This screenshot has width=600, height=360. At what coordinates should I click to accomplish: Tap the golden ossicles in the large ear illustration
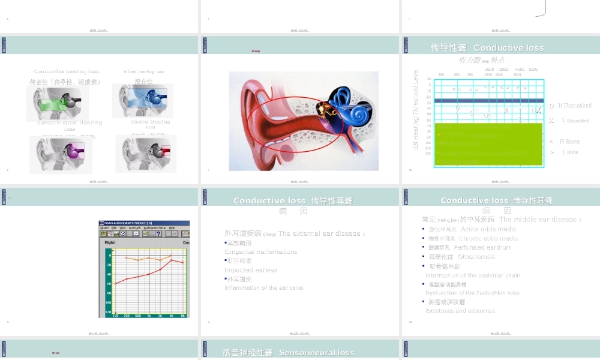pyautogui.click(x=324, y=109)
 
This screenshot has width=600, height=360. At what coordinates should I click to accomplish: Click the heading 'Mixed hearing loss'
pyautogui.click(x=144, y=71)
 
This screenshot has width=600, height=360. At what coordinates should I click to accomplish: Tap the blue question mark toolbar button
pyautogui.click(x=158, y=234)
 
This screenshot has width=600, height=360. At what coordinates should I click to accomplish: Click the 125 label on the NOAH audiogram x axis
pyautogui.click(x=115, y=315)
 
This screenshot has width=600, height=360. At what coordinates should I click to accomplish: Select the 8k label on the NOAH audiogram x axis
pyautogui.click(x=182, y=315)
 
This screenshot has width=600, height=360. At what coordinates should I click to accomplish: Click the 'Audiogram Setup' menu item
pyautogui.click(x=155, y=228)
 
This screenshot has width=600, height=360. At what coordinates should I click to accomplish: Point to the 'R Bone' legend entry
pyautogui.click(x=569, y=142)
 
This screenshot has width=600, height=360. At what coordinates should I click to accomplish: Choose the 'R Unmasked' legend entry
pyautogui.click(x=574, y=106)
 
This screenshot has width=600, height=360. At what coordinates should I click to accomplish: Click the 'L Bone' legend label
pyautogui.click(x=570, y=152)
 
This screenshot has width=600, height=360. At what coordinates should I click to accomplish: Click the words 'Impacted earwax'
pyautogui.click(x=251, y=270)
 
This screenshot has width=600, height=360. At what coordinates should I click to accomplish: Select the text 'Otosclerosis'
pyautogui.click(x=477, y=257)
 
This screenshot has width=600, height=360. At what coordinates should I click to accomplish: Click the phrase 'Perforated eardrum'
pyautogui.click(x=482, y=247)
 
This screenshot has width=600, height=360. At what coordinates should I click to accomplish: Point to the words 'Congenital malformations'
pyautogui.click(x=260, y=252)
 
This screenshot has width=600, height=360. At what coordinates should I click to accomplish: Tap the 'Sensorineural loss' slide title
pyautogui.click(x=316, y=353)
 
